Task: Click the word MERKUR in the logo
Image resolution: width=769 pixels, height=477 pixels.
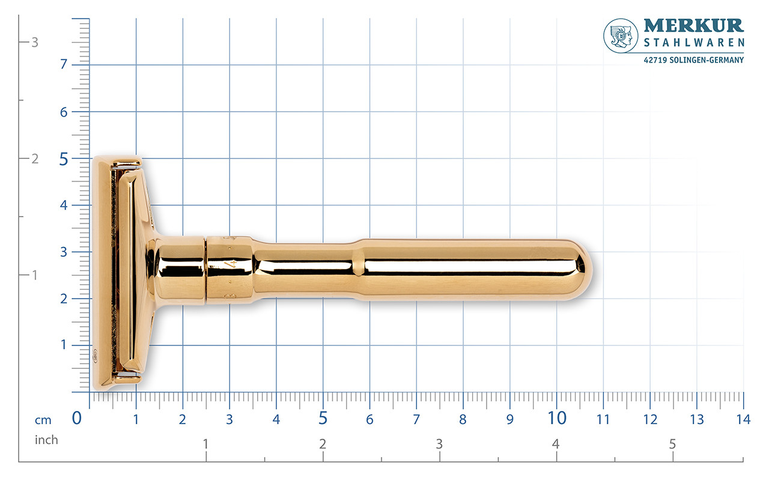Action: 694,26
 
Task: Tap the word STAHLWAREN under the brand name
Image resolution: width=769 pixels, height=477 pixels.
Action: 694,43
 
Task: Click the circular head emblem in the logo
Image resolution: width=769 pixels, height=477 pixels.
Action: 621,35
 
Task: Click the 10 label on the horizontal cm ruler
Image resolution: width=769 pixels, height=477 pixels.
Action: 557,418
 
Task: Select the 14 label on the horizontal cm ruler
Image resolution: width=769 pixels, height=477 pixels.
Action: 743,419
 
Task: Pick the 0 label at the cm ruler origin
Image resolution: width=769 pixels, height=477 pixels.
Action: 77,418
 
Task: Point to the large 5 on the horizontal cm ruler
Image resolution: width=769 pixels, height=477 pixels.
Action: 323,418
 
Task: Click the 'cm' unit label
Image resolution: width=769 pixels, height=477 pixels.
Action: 43,420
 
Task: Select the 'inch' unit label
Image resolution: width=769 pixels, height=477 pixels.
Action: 46,440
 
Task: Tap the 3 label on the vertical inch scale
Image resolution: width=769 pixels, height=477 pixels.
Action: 35,43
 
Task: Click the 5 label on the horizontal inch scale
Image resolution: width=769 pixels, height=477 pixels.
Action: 672,445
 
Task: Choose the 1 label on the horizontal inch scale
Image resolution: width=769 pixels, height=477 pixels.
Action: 206,445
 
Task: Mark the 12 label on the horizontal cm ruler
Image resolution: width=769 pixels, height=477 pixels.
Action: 650,419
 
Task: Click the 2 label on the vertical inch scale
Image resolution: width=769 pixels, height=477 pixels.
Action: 35,159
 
